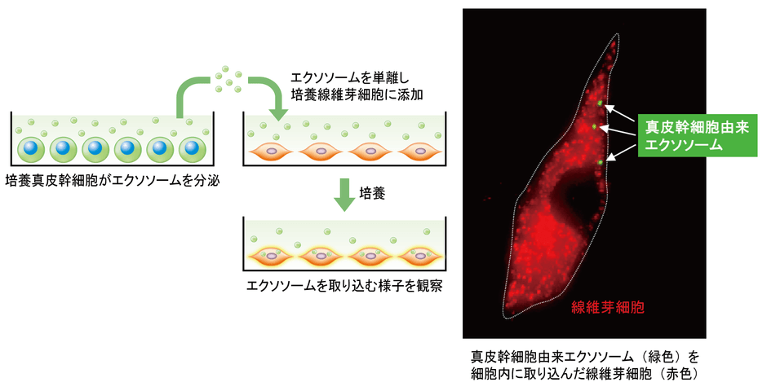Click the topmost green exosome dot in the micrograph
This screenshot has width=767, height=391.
click(x=601, y=103)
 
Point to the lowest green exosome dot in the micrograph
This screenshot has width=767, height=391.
click(x=600, y=163)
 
